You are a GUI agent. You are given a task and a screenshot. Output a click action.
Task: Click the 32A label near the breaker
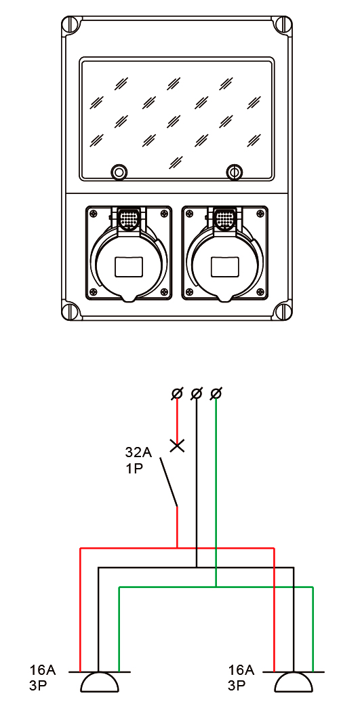click(138, 452)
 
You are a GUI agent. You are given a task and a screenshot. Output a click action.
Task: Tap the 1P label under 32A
click(134, 471)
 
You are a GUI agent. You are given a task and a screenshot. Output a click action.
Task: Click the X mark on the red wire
click(177, 446)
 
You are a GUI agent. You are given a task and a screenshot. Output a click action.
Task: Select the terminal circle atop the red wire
click(177, 393)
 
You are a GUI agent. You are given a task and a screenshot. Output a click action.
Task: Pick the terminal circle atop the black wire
click(197, 393)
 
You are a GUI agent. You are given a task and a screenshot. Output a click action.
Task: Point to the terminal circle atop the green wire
click(216, 393)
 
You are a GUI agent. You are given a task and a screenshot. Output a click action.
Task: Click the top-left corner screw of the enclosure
click(72, 24)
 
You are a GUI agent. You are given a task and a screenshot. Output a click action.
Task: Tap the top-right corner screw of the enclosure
click(282, 24)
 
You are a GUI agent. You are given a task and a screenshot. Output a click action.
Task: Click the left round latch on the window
click(119, 172)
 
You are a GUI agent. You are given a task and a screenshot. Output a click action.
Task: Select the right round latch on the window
click(234, 172)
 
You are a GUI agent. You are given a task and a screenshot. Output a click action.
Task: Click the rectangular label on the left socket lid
click(128, 267)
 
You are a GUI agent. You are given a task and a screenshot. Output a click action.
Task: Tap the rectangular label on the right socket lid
click(224, 267)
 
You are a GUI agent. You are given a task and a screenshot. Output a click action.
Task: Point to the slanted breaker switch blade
click(169, 482)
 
